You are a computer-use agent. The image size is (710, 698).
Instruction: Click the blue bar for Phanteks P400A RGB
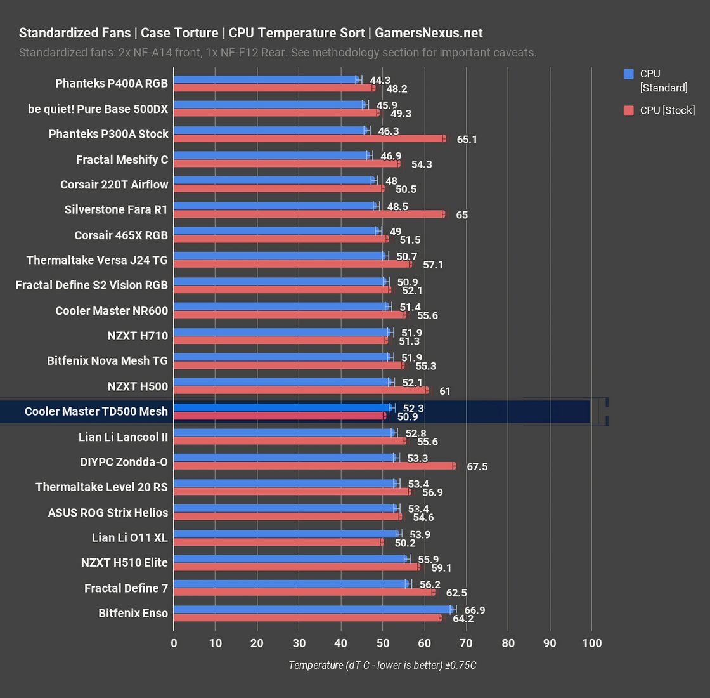click(266, 80)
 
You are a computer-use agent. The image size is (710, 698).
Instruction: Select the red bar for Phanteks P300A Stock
click(309, 138)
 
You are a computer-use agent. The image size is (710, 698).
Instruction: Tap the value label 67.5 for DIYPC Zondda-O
click(477, 467)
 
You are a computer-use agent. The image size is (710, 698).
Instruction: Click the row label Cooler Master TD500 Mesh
click(96, 411)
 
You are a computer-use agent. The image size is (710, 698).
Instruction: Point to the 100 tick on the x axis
click(591, 643)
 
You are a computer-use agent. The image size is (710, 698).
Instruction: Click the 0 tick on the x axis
click(174, 643)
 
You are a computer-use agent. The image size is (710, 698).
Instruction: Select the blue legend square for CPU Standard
click(629, 74)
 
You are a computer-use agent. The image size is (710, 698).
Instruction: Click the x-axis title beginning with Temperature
click(382, 665)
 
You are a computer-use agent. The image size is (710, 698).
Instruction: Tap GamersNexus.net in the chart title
click(429, 33)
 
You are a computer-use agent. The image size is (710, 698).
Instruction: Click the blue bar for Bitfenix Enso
click(314, 609)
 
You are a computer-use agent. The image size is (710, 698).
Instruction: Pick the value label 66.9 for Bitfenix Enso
click(474, 610)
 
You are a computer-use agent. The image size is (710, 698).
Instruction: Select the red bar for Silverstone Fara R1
click(309, 214)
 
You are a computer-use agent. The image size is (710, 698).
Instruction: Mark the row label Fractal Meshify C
click(122, 159)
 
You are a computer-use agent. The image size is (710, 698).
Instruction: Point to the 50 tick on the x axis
click(382, 643)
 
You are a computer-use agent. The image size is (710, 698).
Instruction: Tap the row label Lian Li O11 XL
click(129, 537)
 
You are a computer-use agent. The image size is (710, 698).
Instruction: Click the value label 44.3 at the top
click(380, 81)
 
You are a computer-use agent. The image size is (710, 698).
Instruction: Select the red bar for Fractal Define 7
click(304, 592)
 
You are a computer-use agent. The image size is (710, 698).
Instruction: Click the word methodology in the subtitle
click(349, 53)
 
